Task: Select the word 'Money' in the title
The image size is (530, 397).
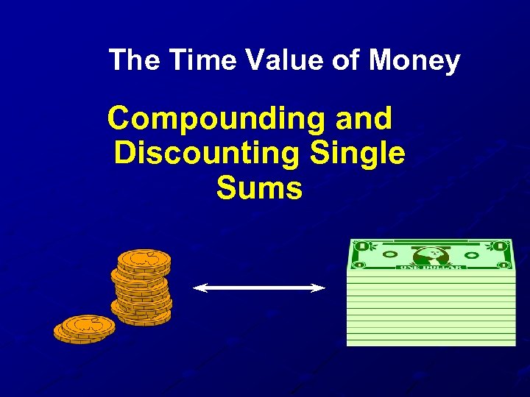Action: point(414,60)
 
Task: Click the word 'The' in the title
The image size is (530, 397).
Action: point(135,60)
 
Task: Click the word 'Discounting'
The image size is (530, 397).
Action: point(207,154)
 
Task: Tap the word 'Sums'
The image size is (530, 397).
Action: point(259,189)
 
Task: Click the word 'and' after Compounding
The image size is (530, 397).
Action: point(363,118)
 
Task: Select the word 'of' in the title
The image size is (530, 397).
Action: point(346,60)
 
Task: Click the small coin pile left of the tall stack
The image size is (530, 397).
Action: point(85,327)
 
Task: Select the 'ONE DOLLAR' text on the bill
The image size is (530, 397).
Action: point(430,267)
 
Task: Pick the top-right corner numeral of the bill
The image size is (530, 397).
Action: point(501,246)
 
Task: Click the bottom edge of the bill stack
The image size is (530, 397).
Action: point(431,343)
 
